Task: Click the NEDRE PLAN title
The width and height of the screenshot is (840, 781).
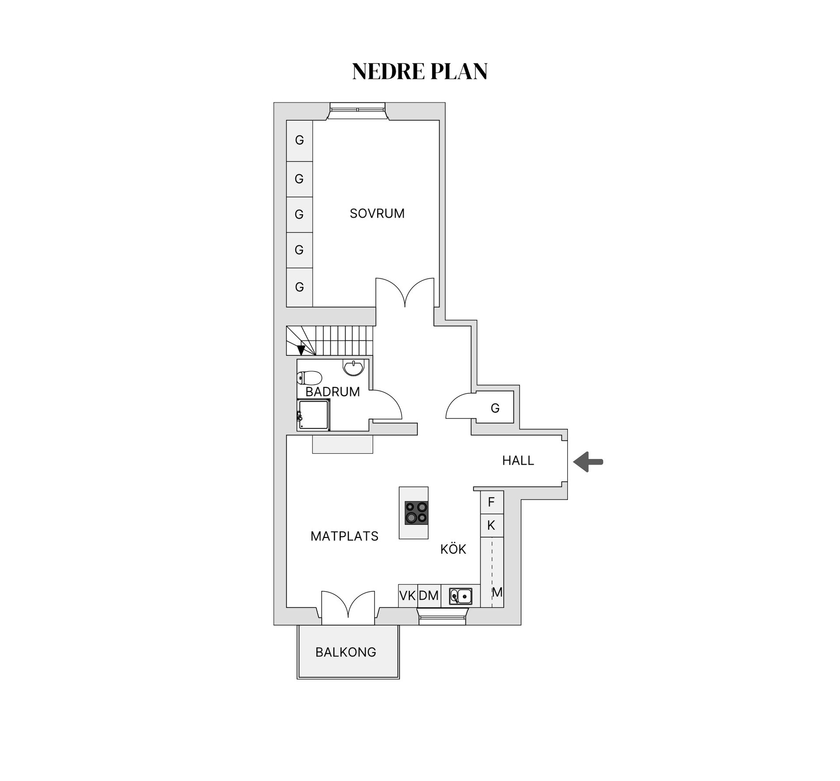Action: [x=420, y=71]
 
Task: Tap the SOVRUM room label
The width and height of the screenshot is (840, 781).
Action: [x=377, y=213]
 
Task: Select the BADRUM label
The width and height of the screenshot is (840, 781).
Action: [x=332, y=392]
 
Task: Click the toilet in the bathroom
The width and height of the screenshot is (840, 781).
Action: [x=309, y=378]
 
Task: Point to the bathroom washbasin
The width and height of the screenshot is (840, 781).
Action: [x=353, y=367]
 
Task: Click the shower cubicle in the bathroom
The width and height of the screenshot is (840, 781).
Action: [x=314, y=414]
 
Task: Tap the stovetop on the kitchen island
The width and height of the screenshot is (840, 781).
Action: [x=416, y=512]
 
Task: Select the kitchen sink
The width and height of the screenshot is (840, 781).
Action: [x=461, y=596]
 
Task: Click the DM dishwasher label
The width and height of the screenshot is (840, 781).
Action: [x=429, y=595]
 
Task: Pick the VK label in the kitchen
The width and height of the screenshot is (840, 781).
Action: [x=408, y=595]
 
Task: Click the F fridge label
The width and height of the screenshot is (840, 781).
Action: [x=491, y=502]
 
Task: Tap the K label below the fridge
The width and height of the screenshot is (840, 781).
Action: [x=491, y=525]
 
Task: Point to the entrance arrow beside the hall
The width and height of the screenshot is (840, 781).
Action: [x=588, y=462]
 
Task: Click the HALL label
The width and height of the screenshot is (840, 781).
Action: [x=518, y=460]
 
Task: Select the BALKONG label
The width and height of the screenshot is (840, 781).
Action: [x=346, y=652]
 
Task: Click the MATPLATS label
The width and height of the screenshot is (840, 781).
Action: [x=344, y=536]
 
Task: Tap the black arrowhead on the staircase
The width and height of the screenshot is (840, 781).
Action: [x=301, y=350]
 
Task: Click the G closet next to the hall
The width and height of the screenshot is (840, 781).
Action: [x=495, y=407]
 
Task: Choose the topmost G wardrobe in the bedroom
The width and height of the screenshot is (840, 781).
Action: [x=299, y=140]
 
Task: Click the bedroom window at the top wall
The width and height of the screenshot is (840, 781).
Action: [x=357, y=110]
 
